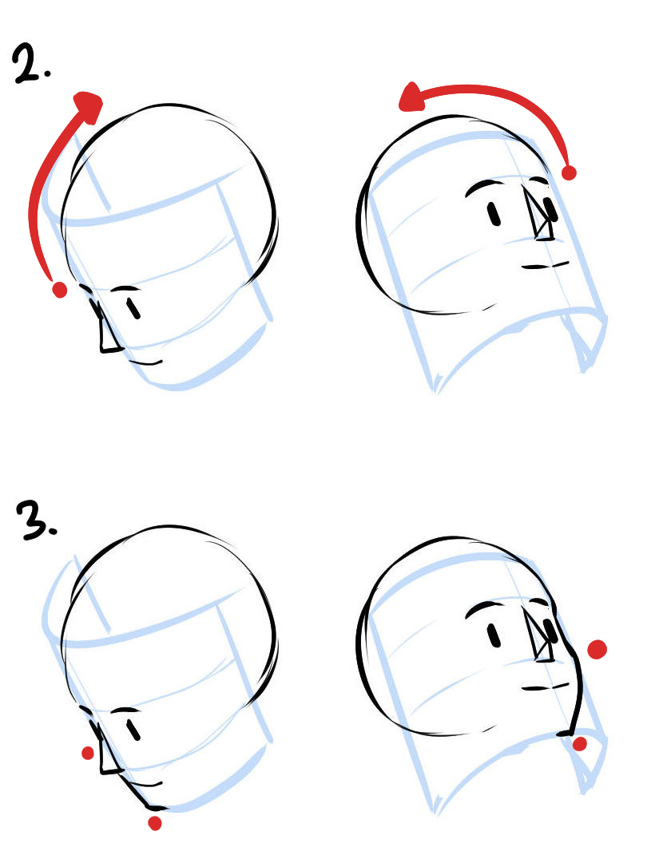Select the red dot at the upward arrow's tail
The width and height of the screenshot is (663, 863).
click(59, 290)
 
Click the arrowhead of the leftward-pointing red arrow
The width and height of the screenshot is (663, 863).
click(412, 98)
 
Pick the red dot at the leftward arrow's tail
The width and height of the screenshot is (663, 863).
click(569, 172)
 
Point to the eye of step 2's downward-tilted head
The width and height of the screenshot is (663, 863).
click(133, 309)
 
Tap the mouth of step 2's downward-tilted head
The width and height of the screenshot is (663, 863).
click(145, 362)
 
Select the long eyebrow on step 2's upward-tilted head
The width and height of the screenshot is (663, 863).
click(485, 187)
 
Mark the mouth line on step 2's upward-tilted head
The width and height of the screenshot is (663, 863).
click(545, 266)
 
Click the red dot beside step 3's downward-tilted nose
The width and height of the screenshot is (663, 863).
click(88, 753)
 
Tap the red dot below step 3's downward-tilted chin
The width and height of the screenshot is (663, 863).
click(155, 823)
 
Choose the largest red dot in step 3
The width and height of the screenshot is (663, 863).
click(597, 650)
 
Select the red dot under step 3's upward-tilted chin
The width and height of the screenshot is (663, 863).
click(579, 744)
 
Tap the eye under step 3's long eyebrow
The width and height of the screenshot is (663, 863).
click(494, 635)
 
